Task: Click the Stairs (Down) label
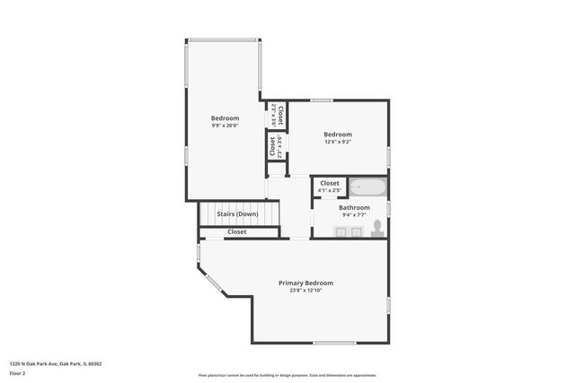237,214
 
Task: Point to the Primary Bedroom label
305,282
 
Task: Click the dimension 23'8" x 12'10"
305,290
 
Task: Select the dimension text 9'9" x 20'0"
225,126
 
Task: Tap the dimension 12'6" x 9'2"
338,142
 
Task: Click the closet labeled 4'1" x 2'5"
330,187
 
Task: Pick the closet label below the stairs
237,232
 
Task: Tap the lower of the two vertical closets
272,145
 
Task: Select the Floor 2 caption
18,372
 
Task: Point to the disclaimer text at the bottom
287,375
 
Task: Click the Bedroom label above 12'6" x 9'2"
338,134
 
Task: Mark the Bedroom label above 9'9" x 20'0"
225,118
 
